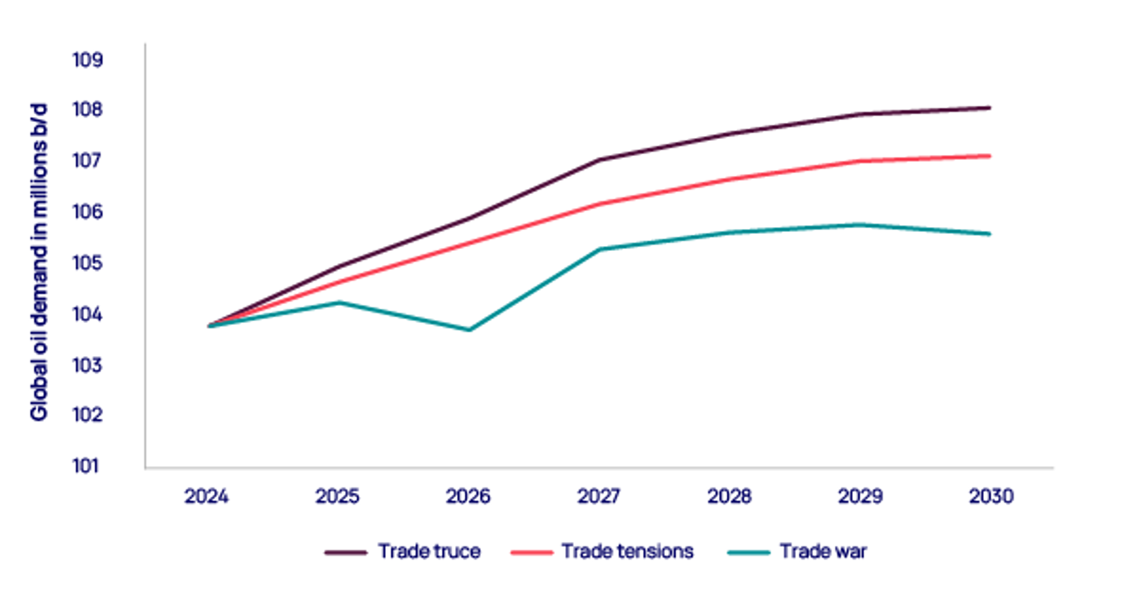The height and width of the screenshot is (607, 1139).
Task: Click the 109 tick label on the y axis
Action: coord(87,60)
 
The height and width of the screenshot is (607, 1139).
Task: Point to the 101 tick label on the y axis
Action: coord(86,466)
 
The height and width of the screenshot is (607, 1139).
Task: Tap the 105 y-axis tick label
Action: coord(87,262)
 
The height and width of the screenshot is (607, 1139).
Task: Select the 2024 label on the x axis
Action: coord(206,496)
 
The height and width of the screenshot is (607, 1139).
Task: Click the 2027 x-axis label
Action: coord(599,496)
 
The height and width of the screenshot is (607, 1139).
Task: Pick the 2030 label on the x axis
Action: coord(991,496)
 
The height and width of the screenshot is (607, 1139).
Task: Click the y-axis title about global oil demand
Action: coord(39,262)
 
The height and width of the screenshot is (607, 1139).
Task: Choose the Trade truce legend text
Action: coord(429,551)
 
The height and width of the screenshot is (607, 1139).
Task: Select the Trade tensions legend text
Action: coord(627,551)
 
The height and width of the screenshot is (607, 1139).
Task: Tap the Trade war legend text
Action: coord(823,551)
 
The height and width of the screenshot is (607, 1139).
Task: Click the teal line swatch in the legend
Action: coord(749,553)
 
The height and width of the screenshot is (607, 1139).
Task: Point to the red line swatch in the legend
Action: coord(532,553)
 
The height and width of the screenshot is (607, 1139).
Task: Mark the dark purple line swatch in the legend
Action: coord(345,553)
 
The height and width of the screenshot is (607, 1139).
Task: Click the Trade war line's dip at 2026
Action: coord(469,330)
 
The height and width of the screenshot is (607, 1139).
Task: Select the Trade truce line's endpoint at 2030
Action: coord(990,108)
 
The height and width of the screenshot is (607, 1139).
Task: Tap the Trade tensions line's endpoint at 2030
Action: coord(990,156)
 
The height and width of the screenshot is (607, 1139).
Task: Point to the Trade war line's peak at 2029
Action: coord(859,224)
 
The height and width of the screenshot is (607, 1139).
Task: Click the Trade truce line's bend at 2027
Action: coord(599,160)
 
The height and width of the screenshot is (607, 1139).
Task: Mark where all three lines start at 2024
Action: coord(209,326)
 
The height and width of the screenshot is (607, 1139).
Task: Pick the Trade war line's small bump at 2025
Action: coord(340,302)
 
